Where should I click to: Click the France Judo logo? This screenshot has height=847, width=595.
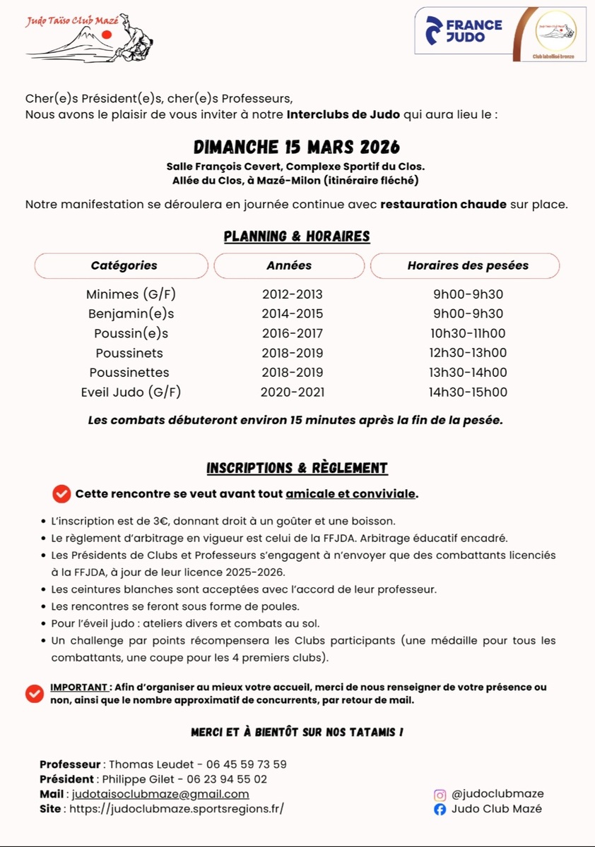(464, 30)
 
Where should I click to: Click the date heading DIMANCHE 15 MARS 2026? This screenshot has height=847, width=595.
(297, 147)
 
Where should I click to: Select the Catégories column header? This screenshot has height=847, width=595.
(124, 265)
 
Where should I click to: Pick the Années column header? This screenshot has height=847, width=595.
(289, 265)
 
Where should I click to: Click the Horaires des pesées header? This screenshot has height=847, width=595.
(468, 265)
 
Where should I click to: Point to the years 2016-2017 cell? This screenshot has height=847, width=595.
(293, 333)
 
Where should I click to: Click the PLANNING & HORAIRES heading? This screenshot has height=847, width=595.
(297, 236)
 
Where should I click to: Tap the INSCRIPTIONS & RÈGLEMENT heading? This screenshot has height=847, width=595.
(297, 468)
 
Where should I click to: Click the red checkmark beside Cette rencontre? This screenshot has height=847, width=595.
(62, 494)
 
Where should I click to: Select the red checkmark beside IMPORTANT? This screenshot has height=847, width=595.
(35, 694)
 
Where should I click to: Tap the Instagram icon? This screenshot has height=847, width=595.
(440, 795)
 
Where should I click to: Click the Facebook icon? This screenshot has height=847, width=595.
(440, 810)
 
